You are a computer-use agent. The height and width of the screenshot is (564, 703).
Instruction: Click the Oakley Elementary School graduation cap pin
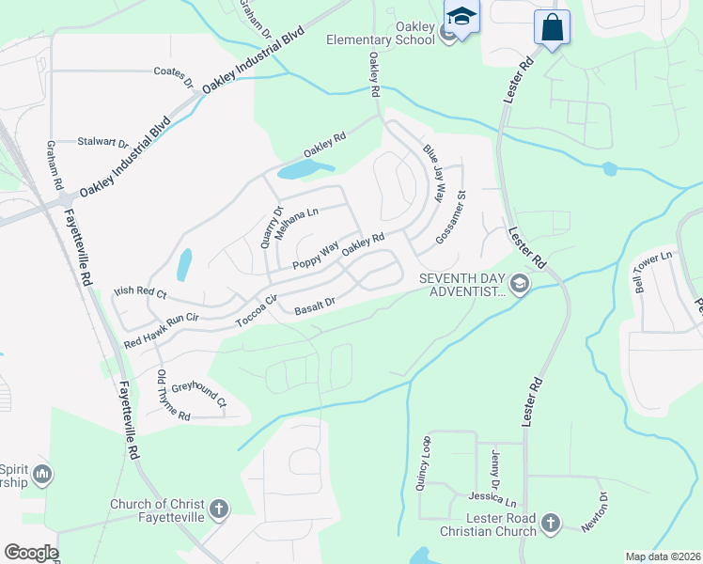(461, 17)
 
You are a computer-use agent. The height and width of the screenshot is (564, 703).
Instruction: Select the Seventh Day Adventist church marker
(518, 283)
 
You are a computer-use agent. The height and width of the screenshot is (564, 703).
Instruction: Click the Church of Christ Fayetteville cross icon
(218, 509)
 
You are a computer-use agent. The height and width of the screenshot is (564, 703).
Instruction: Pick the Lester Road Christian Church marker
(551, 522)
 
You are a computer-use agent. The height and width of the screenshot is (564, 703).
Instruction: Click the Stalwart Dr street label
(103, 142)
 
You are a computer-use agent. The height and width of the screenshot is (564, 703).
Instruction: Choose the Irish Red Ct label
(139, 294)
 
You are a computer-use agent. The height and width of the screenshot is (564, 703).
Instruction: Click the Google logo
(31, 553)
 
